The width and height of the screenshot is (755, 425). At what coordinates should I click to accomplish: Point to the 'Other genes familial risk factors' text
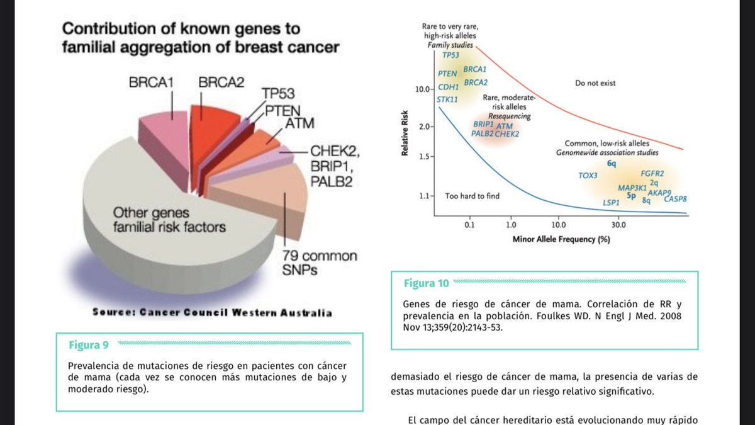pyautogui.click(x=169, y=220)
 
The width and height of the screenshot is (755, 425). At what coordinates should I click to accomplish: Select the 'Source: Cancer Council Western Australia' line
pyautogui.click(x=212, y=313)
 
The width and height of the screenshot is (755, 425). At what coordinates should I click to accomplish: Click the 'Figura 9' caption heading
pyautogui.click(x=89, y=344)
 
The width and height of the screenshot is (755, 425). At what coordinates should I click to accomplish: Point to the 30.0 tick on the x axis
pyautogui.click(x=618, y=224)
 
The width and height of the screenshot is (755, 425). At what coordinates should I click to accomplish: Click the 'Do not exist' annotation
pyautogui.click(x=595, y=83)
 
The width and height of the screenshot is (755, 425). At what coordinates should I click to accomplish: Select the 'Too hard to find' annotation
pyautogui.click(x=472, y=196)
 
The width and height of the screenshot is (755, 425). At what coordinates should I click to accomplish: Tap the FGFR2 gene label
pyautogui.click(x=652, y=173)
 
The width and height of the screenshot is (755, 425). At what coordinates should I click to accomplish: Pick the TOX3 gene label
pyautogui.click(x=588, y=174)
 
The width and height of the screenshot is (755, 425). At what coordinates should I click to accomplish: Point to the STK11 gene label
pyautogui.click(x=447, y=99)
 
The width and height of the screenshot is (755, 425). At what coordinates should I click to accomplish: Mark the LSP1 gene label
pyautogui.click(x=611, y=203)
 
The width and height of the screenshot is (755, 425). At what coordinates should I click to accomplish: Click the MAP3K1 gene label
pyautogui.click(x=632, y=188)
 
